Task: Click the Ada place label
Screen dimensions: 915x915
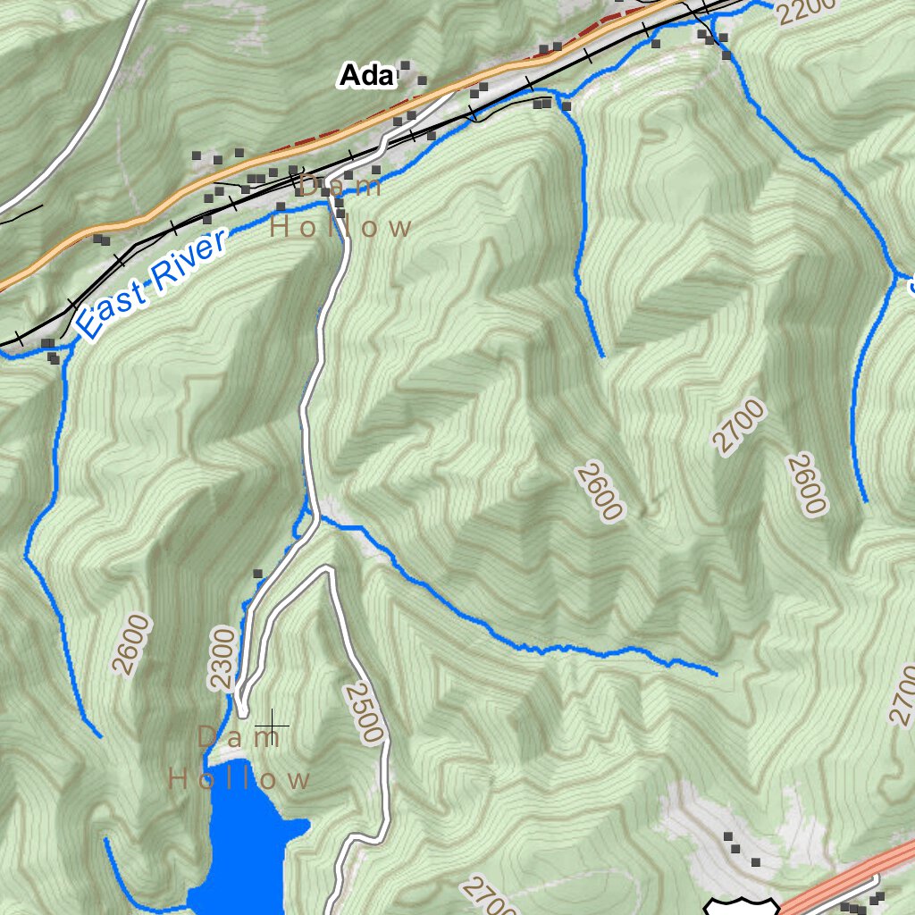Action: point(366,77)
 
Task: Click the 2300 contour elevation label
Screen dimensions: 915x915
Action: point(222,659)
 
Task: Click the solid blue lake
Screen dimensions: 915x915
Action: point(241,849)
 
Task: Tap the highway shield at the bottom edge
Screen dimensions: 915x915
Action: point(738,905)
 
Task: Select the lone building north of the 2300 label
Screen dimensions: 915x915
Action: point(258,574)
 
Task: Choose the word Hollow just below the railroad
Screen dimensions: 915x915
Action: point(340,227)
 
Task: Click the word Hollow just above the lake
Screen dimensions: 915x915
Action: point(239,779)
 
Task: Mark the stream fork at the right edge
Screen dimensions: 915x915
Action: point(894,273)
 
